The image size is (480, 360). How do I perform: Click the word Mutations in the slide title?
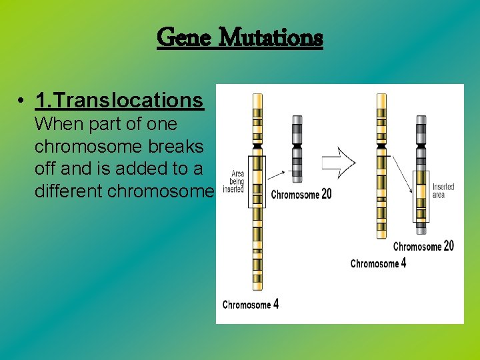271,37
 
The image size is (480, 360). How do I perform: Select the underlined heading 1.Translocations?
119,100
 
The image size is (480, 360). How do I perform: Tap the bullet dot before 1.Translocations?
22,101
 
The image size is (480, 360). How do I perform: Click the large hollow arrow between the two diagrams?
339,161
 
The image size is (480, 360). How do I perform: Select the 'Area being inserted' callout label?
234,181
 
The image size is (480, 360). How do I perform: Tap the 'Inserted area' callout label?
443,191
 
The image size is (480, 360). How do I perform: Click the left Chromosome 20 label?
301,195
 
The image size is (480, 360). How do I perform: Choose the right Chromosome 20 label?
423,247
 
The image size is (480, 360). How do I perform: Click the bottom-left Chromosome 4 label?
251,305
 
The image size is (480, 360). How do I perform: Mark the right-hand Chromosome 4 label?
378,263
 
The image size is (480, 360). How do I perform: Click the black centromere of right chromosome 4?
381,145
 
